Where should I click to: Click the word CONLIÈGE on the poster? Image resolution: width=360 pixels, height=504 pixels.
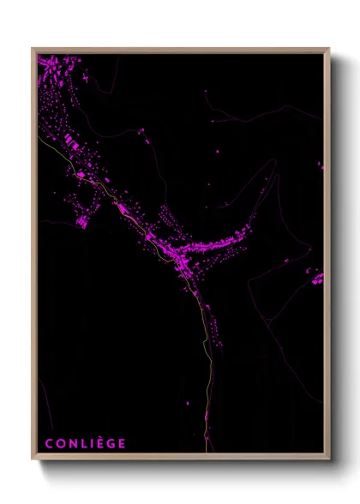point(85,443)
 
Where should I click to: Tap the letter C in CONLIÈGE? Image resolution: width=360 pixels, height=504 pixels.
point(49,443)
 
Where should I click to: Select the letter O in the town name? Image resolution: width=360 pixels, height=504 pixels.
point(60,443)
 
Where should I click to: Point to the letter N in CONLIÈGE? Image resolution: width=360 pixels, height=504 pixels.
point(72,443)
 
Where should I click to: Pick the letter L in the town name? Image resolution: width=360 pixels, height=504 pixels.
point(83,443)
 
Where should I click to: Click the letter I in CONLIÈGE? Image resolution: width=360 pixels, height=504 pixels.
point(91,443)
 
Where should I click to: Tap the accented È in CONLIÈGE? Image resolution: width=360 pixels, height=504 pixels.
point(99,443)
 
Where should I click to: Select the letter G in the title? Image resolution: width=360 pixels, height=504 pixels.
point(111,443)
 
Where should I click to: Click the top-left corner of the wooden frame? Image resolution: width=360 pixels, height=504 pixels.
point(33,49)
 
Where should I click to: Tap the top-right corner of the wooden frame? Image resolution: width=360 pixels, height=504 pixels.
point(328,49)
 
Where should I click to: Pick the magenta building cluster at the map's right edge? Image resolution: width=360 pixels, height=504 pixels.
point(318,279)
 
